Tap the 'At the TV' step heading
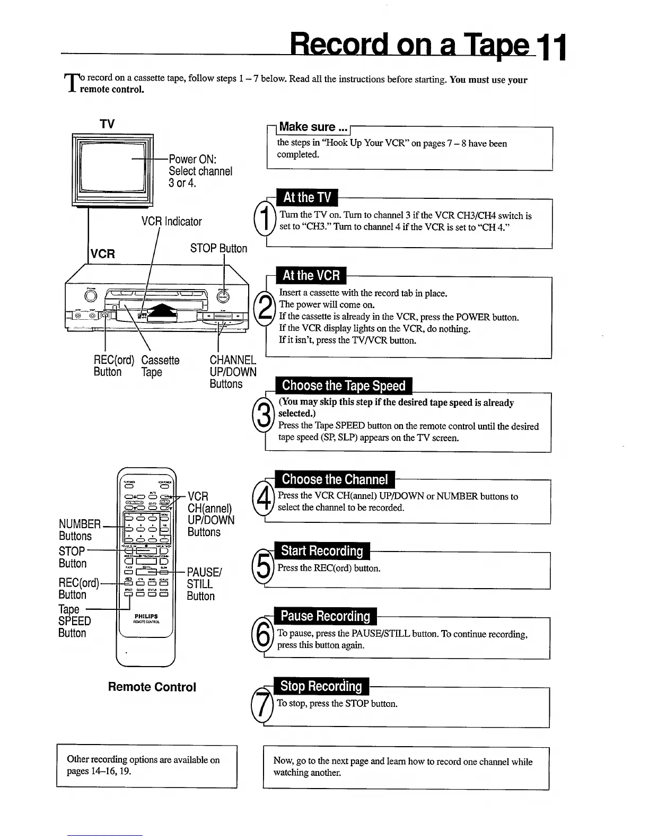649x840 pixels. point(307,198)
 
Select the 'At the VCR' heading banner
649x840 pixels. point(311,276)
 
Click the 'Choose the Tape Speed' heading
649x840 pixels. point(344,386)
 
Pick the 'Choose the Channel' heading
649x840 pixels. point(335,479)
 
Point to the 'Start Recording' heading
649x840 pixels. point(322,551)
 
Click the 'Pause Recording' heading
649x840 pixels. point(325,616)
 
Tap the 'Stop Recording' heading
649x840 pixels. point(321,686)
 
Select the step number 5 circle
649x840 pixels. point(262,568)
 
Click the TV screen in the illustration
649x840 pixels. point(112,166)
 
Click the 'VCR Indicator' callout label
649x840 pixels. point(171,222)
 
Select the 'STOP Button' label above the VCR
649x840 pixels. point(218,249)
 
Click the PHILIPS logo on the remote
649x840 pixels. point(146,616)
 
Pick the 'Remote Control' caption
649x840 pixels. point(152,687)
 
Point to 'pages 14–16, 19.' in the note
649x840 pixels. point(99,771)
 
